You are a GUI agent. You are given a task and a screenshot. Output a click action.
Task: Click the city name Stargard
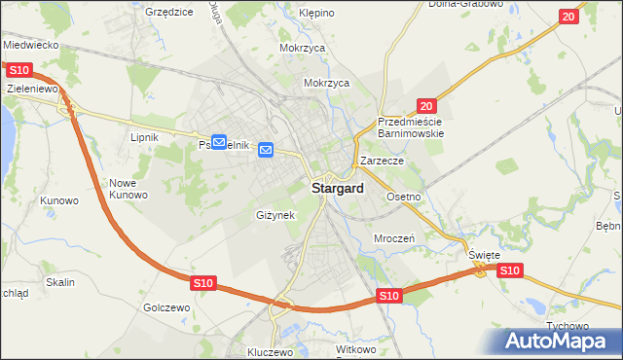pyautogui.click(x=339, y=189)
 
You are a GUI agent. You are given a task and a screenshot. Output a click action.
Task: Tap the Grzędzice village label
pyautogui.click(x=167, y=12)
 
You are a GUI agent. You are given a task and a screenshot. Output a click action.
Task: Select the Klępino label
pyautogui.click(x=315, y=14)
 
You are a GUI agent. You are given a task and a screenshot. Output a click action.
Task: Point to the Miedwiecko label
pyautogui.click(x=31, y=46)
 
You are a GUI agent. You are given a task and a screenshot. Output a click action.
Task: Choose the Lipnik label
pyautogui.click(x=144, y=137)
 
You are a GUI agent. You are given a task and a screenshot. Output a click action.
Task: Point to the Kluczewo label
pyautogui.click(x=271, y=352)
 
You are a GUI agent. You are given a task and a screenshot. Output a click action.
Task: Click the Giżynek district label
pyautogui.click(x=275, y=215)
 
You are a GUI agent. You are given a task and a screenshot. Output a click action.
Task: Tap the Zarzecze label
pyautogui.click(x=382, y=161)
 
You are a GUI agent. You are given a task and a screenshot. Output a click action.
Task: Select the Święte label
pyautogui.click(x=484, y=255)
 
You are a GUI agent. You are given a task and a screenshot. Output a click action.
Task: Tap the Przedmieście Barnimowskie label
pyautogui.click(x=411, y=127)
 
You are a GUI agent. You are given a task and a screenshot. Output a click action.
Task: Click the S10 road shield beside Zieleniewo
pyautogui.click(x=18, y=70)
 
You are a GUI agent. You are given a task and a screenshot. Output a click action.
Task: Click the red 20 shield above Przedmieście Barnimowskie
pyautogui.click(x=426, y=105)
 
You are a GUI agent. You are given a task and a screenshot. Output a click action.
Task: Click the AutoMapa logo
pyautogui.click(x=559, y=342)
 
